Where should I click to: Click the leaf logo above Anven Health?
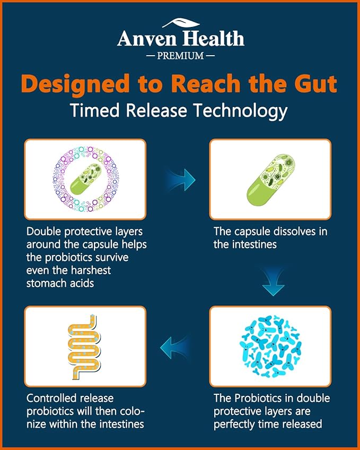click(181, 23)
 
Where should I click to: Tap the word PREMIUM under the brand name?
click(180, 56)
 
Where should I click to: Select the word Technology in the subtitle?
click(240, 111)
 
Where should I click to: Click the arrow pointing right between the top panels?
click(181, 180)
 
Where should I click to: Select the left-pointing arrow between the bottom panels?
click(174, 347)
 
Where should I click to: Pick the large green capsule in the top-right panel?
click(271, 180)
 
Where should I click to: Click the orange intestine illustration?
click(84, 347)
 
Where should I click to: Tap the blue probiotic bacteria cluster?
click(270, 347)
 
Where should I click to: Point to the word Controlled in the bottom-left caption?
click(51, 398)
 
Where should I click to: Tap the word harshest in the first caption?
click(91, 270)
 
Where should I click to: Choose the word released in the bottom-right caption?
click(302, 424)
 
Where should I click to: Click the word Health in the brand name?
click(214, 39)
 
